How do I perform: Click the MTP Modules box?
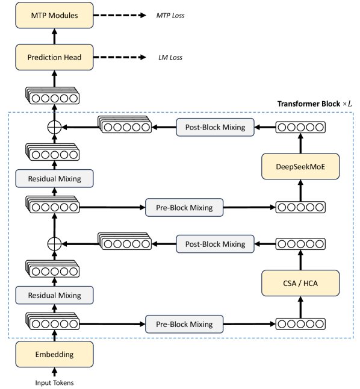[x=54, y=16]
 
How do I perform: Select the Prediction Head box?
[x=54, y=57]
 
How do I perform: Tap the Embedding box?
[x=54, y=354]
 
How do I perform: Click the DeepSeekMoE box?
[x=300, y=166]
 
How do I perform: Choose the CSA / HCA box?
[x=300, y=283]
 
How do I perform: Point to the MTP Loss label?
[x=170, y=16]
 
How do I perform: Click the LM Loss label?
[x=170, y=57]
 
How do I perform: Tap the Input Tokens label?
[x=54, y=383]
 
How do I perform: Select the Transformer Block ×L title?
[x=314, y=104]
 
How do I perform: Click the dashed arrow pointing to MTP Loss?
[x=120, y=16]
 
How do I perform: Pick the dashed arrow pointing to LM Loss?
[x=120, y=57]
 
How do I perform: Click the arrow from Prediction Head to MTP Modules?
[x=55, y=36]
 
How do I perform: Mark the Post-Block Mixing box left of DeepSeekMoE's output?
[x=215, y=127]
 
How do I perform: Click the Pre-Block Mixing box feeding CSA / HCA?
[x=184, y=324]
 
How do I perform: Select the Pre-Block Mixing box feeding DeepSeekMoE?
[x=184, y=207]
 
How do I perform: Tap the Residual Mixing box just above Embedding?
[x=54, y=295]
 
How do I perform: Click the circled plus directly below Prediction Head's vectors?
[x=54, y=127]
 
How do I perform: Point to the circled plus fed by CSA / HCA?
[x=54, y=244]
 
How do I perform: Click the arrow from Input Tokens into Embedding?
[x=55, y=372]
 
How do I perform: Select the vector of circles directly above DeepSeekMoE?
[x=300, y=127]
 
